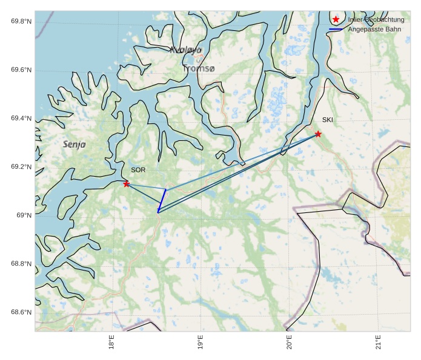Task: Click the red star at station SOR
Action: pos(127,184)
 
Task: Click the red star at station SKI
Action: pos(318,134)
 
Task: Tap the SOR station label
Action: pos(138,170)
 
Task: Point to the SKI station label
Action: pos(328,120)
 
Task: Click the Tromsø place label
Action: pos(199,69)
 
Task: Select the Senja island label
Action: pos(75,145)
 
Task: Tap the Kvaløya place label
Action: pos(185,50)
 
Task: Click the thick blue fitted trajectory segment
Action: pos(162,201)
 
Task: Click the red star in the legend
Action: pos(336,19)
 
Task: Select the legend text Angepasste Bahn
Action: pos(374,29)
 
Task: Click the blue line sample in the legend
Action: pos(336,29)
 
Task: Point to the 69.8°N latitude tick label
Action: pos(21,22)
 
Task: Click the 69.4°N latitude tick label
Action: pos(21,119)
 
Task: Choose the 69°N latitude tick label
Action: pos(24,215)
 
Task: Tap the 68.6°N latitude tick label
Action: pos(21,312)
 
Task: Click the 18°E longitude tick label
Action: pos(111,342)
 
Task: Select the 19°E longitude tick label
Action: pos(201,342)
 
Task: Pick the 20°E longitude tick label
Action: pos(290,342)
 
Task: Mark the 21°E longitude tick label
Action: pos(379,342)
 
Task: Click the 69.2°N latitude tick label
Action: pos(21,167)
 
